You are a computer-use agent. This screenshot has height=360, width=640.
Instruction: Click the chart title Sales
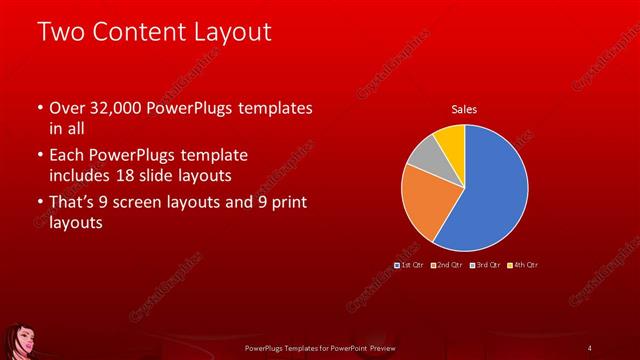tap(464, 109)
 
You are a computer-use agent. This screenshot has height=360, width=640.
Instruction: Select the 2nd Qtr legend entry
tap(449, 265)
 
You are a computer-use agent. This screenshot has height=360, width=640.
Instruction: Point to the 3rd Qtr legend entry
tap(486, 265)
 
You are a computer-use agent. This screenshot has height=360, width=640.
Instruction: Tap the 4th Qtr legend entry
tap(523, 265)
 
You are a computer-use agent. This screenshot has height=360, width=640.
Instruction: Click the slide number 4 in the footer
tap(589, 347)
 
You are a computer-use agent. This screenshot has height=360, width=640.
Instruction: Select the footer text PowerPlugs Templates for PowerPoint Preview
tap(321, 347)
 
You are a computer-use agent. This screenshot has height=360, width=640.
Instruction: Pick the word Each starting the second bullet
tap(68, 156)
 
